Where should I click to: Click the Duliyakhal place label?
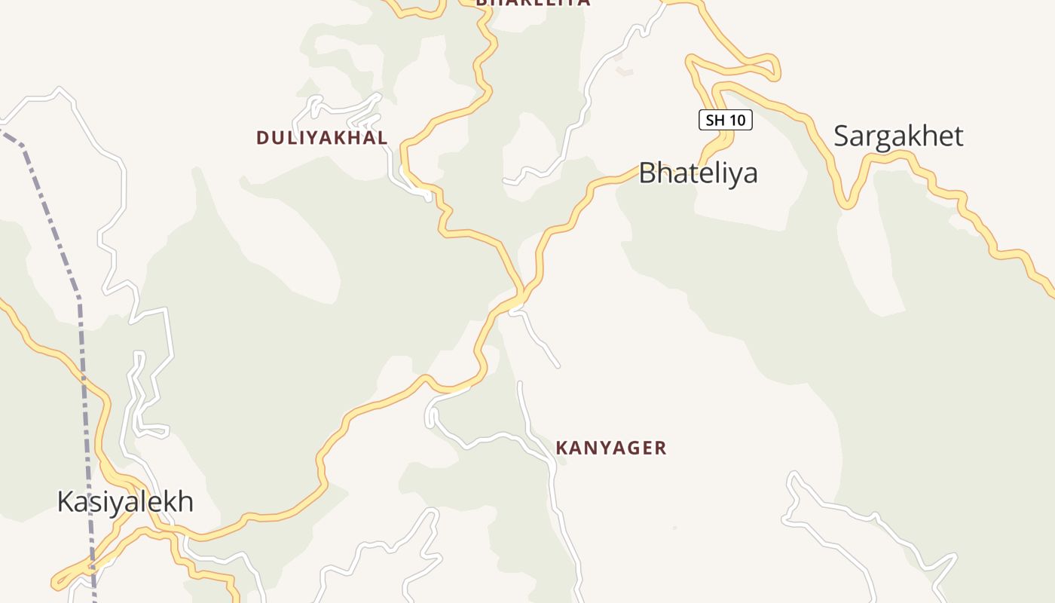(322, 137)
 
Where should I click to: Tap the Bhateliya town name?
(698, 173)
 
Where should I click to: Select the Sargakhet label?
(898, 136)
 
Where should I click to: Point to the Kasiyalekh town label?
(125, 501)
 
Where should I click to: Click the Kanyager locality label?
(611, 448)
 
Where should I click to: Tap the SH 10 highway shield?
(725, 120)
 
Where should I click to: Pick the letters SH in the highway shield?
(714, 120)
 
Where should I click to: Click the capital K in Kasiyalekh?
(66, 501)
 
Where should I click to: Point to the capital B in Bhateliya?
(648, 173)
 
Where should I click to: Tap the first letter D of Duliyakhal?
(262, 137)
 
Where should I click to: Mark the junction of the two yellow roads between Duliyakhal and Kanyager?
(521, 292)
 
